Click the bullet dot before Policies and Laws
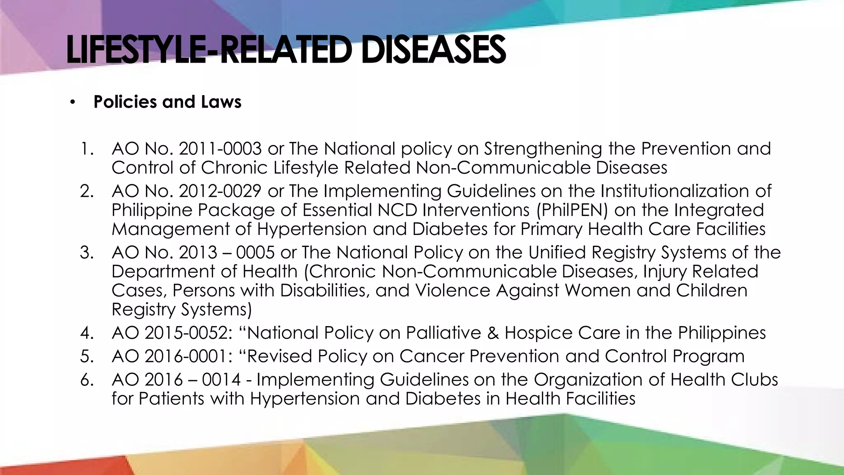click(x=73, y=102)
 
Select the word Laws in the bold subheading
click(x=221, y=102)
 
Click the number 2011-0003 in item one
click(x=220, y=149)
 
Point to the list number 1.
click(x=87, y=149)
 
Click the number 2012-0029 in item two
click(x=220, y=191)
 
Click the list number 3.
click(x=87, y=252)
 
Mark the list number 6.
click(x=87, y=380)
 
